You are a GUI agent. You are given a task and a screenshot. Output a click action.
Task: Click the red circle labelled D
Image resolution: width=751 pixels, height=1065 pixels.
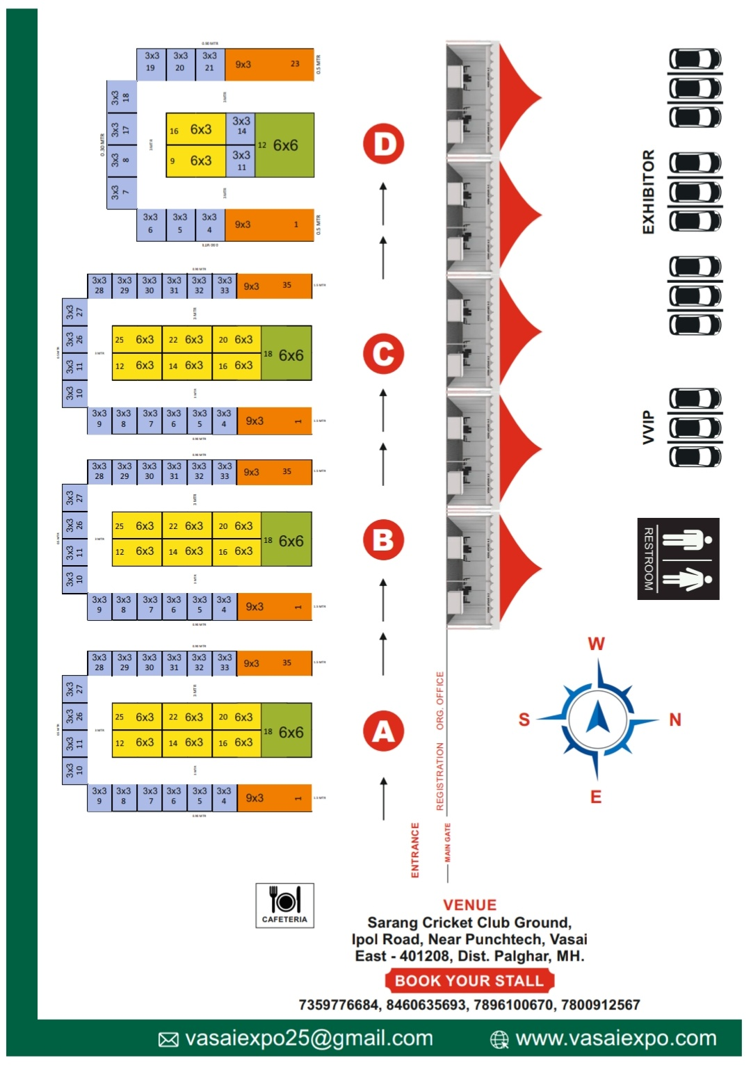point(384,144)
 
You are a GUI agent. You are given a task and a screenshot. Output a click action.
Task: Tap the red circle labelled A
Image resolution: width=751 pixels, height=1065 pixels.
point(384,731)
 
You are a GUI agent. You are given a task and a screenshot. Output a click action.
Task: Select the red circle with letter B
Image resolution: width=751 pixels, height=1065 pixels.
point(384,540)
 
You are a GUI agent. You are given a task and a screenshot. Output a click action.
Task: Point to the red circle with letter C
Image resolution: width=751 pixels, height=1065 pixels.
point(384,353)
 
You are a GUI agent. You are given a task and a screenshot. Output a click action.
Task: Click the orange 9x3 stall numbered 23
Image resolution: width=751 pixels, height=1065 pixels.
point(270,65)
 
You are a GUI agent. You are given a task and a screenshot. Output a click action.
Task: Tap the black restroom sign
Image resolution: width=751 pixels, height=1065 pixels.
point(678,558)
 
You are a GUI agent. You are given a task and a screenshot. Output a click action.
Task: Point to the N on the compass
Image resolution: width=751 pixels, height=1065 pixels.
point(675,720)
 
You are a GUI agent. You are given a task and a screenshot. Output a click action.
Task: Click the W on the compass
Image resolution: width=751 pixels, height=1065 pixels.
point(597,644)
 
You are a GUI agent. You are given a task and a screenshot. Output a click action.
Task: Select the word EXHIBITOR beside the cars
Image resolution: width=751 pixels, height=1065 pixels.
point(648,192)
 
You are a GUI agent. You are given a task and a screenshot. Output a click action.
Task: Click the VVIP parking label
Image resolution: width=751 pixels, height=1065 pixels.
point(648,427)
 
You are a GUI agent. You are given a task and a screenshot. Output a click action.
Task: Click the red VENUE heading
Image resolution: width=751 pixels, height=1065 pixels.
point(469,905)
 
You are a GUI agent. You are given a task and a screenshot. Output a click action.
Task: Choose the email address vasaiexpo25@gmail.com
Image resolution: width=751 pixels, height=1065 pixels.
point(309,1039)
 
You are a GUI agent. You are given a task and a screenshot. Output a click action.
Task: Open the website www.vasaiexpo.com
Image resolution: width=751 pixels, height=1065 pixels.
point(615,1039)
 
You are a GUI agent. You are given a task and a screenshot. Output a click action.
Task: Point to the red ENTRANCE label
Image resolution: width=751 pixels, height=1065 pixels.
point(415,849)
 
